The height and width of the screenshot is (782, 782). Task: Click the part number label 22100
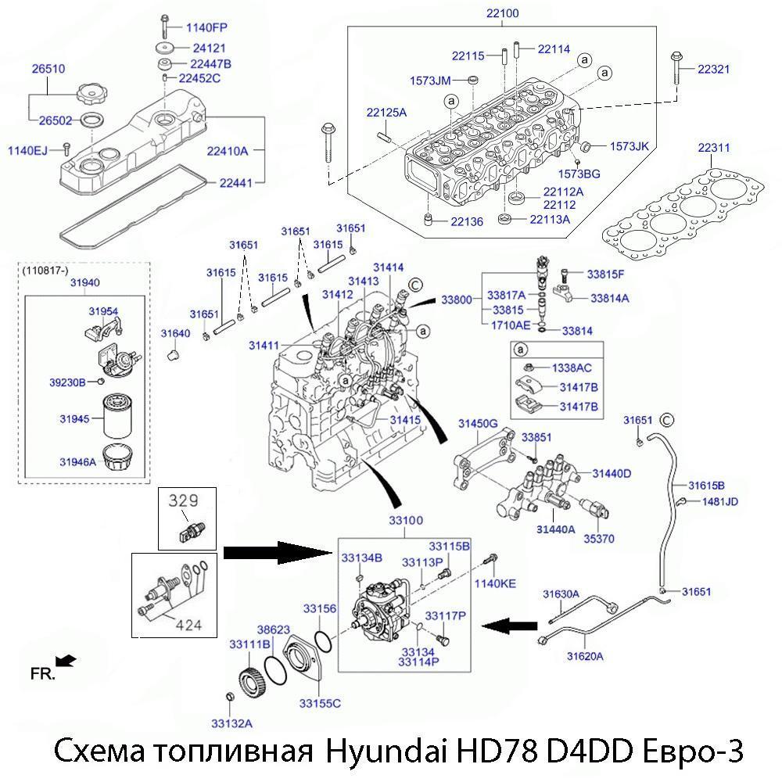coord(503,13)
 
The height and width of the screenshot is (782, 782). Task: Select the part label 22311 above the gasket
coord(714,147)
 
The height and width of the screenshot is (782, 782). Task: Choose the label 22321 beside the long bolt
coord(714,70)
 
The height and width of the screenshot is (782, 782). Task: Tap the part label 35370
coord(600,539)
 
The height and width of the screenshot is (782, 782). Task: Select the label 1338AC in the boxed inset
coord(572,367)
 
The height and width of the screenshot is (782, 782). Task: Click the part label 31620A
coord(585,656)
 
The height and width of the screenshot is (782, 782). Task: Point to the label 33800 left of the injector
coord(457,300)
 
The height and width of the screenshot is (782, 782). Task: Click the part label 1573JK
coord(630,146)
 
